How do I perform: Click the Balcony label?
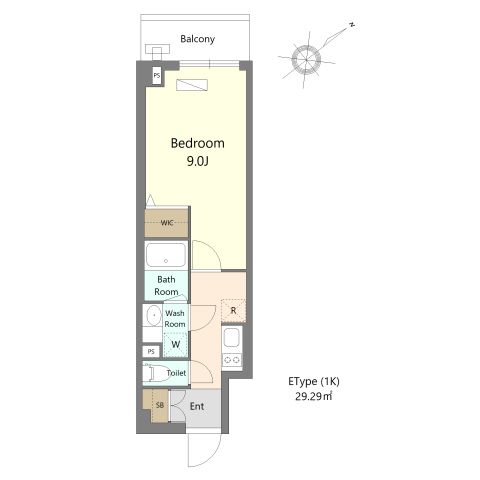(197, 39)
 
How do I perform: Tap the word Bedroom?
(198, 143)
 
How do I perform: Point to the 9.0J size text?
(197, 162)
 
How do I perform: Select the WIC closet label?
(167, 222)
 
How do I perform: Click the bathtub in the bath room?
(166, 254)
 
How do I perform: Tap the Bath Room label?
(166, 286)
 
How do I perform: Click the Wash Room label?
(175, 318)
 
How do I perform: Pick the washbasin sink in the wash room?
(153, 315)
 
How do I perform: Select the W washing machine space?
(176, 344)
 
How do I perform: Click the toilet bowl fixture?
(154, 373)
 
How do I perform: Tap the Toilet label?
(176, 373)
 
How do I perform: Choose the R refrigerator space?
(234, 311)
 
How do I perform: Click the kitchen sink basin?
(232, 338)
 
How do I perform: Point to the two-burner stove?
(232, 360)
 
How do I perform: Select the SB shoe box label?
(160, 405)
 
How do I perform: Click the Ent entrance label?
(197, 406)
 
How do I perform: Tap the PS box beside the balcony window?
(157, 76)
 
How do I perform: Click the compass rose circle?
(306, 59)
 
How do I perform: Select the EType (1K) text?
(314, 381)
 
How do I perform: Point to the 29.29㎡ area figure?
(313, 396)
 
